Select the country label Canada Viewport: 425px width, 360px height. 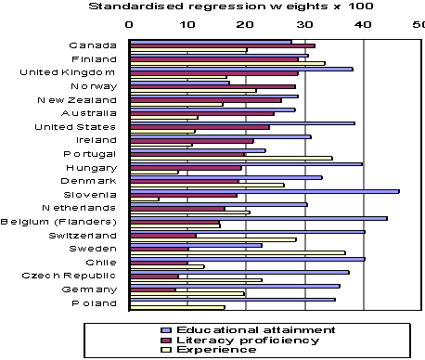tap(93, 45)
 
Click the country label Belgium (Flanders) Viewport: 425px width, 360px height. tap(58, 222)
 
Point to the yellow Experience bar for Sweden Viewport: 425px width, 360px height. tap(237, 252)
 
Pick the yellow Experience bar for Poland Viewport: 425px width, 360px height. tap(177, 307)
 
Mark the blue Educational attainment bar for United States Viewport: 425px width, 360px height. tap(242, 122)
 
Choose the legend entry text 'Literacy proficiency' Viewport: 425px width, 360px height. tap(237, 341)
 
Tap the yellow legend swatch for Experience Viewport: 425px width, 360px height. tap(165, 351)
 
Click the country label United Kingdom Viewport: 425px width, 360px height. tap(68, 72)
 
